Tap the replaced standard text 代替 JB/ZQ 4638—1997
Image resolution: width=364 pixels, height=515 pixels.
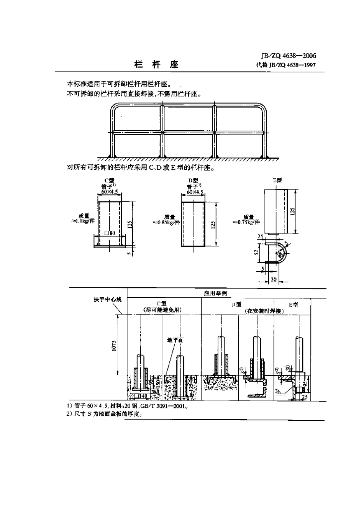(x=286, y=65)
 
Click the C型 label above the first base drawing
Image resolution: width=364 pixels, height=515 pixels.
(x=109, y=180)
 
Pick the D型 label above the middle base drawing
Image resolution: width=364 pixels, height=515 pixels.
(x=193, y=180)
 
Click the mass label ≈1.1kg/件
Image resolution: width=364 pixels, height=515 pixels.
(x=83, y=218)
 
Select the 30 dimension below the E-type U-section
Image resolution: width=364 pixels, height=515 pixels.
(x=274, y=279)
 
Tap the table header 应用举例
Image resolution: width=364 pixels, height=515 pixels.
(x=215, y=293)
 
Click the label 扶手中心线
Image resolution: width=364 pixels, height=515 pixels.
(x=108, y=299)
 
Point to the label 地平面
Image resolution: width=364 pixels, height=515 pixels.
(x=175, y=340)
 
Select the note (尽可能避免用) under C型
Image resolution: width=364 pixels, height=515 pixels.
(x=162, y=310)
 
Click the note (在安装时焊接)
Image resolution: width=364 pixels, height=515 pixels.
(x=264, y=311)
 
